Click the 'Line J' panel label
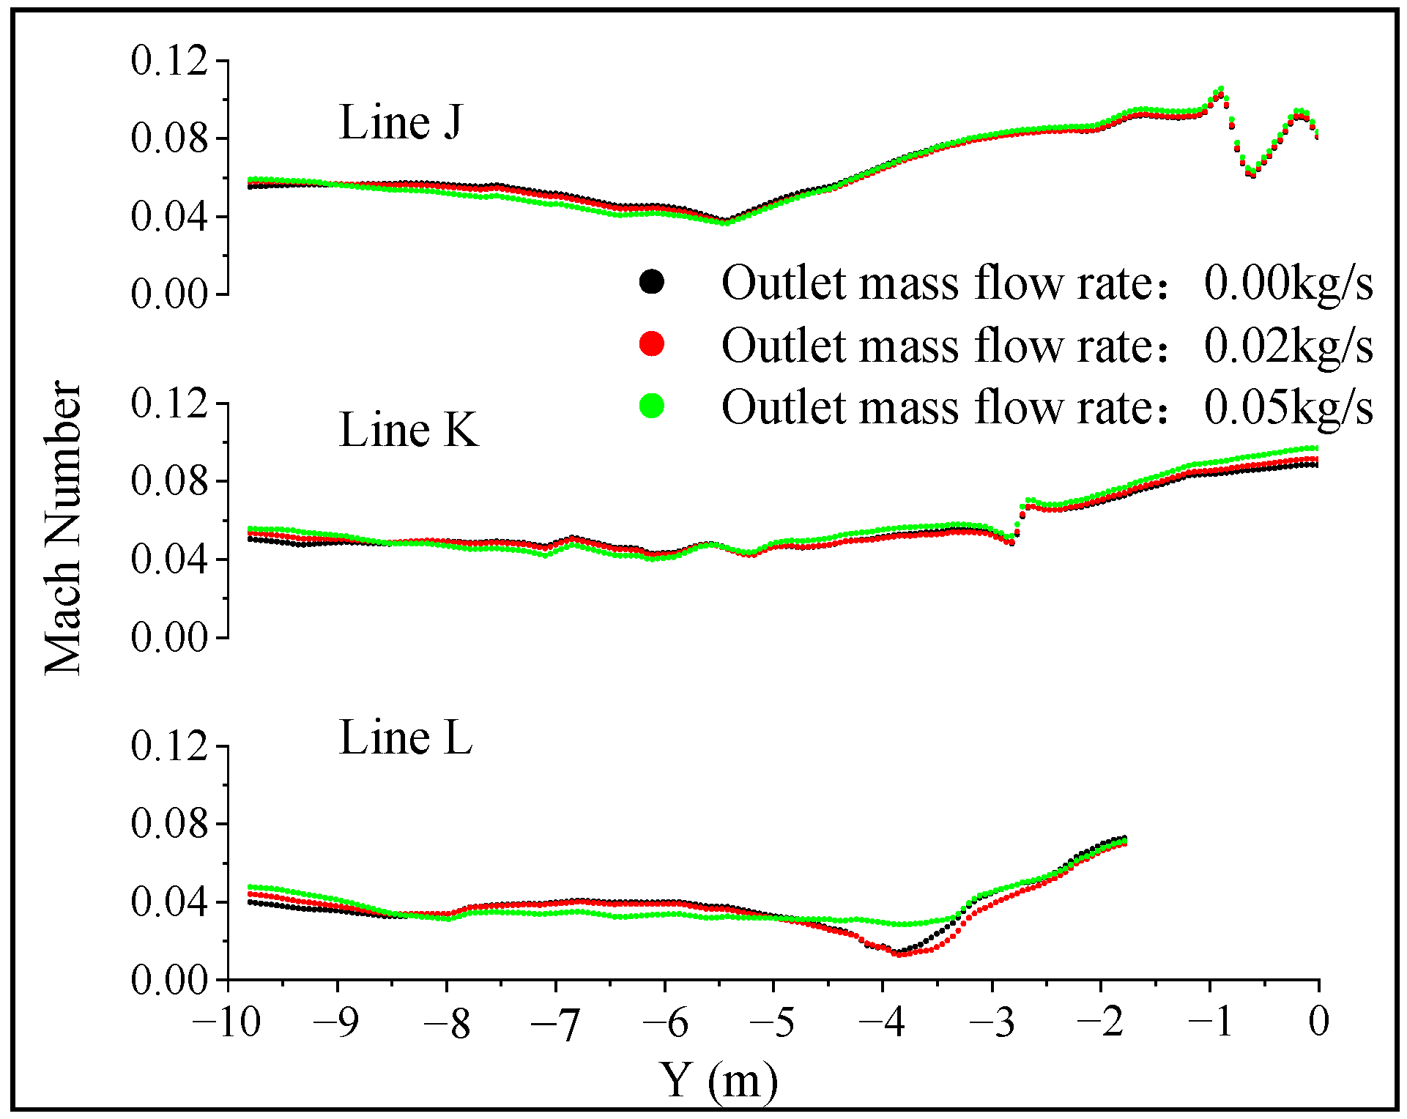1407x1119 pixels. pyautogui.click(x=401, y=122)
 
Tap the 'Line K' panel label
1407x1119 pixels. pyautogui.click(x=408, y=430)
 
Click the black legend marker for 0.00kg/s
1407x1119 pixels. pyautogui.click(x=651, y=282)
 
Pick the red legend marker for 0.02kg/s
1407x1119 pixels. pyautogui.click(x=651, y=343)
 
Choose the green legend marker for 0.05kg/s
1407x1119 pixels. pyautogui.click(x=651, y=405)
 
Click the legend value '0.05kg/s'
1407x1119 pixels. pyautogui.click(x=1288, y=407)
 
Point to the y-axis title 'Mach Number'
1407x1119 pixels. pyautogui.click(x=62, y=527)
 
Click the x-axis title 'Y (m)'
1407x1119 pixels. pyautogui.click(x=718, y=1080)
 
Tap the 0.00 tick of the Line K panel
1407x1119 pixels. pyautogui.click(x=168, y=638)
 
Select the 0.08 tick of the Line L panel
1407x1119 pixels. pyautogui.click(x=168, y=824)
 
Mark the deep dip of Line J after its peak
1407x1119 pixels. pyautogui.click(x=1252, y=173)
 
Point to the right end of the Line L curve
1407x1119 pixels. pyautogui.click(x=1124, y=840)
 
